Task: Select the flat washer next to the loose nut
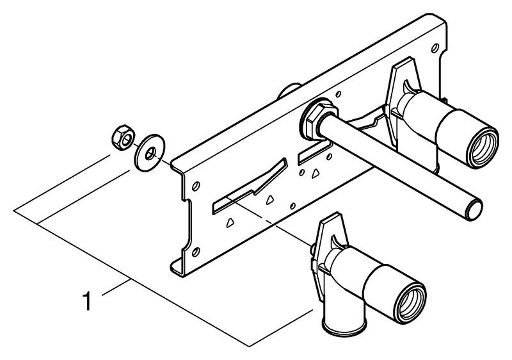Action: click(149, 152)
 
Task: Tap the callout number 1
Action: click(87, 301)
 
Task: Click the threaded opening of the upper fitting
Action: click(484, 146)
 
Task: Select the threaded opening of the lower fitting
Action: click(412, 302)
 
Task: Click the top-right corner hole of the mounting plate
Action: click(435, 49)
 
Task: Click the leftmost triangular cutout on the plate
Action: click(230, 222)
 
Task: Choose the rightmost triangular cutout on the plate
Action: click(315, 173)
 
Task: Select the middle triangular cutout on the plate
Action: click(270, 200)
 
